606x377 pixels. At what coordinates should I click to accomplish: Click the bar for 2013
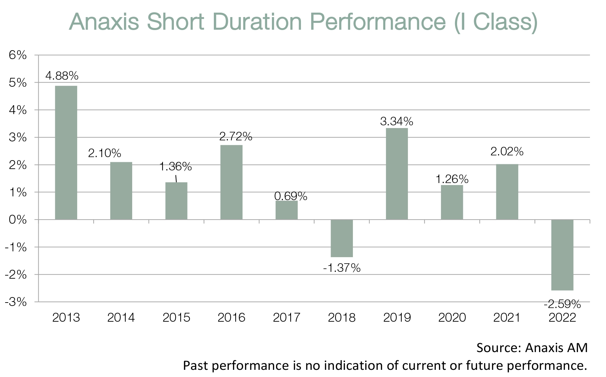pos(66,153)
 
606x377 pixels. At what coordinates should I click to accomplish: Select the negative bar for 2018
pos(342,238)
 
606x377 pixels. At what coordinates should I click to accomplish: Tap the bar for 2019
pos(397,174)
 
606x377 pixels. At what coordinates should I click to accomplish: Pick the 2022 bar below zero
pos(562,255)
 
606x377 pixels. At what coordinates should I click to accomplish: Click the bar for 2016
pos(231,182)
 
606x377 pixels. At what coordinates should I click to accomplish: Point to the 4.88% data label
pos(62,75)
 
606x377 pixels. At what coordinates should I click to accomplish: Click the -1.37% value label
pos(342,268)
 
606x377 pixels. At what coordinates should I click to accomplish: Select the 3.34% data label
pos(397,121)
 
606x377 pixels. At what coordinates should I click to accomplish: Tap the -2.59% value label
pos(562,304)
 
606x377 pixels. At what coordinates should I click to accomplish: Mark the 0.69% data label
pos(291,196)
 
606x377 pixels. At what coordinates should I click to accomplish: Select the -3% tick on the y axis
pos(16,302)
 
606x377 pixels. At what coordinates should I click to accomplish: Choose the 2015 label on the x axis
pos(176,318)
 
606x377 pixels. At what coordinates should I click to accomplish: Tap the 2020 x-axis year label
pos(452,318)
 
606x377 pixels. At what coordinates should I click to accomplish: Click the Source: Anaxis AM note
pos(532,348)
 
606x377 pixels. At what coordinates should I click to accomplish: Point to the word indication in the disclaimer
pos(355,366)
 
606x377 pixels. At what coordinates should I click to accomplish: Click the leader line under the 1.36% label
pos(176,179)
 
